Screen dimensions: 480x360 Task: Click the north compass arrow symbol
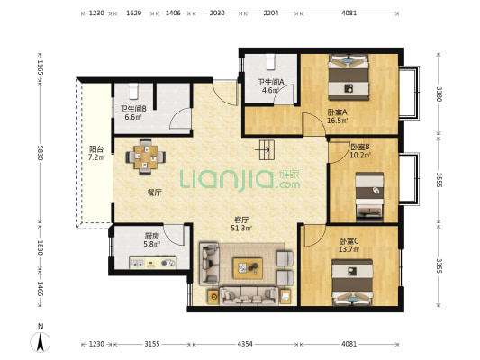click(x=41, y=342)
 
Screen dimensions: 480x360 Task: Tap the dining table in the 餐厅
click(x=146, y=157)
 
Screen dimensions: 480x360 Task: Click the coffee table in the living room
click(x=248, y=268)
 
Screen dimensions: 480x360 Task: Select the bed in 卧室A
click(x=349, y=77)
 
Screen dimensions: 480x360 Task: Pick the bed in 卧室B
click(x=369, y=197)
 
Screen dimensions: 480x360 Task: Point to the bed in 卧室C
click(x=352, y=283)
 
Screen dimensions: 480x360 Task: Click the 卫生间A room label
click(x=271, y=82)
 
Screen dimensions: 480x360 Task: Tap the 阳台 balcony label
click(x=96, y=149)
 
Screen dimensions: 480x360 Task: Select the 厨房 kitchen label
click(x=152, y=236)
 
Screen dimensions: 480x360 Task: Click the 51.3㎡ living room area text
click(x=241, y=228)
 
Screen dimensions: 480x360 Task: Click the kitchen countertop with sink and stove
click(x=152, y=263)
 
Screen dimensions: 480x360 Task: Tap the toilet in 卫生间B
click(x=133, y=92)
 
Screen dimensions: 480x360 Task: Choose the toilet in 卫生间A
click(x=270, y=62)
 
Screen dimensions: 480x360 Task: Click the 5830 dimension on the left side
click(x=41, y=153)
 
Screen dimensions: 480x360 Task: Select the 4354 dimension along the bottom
click(x=245, y=344)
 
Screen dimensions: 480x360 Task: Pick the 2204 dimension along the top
click(x=270, y=13)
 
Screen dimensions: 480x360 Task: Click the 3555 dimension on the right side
click(x=439, y=180)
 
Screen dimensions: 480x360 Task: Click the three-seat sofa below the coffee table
click(x=249, y=295)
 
